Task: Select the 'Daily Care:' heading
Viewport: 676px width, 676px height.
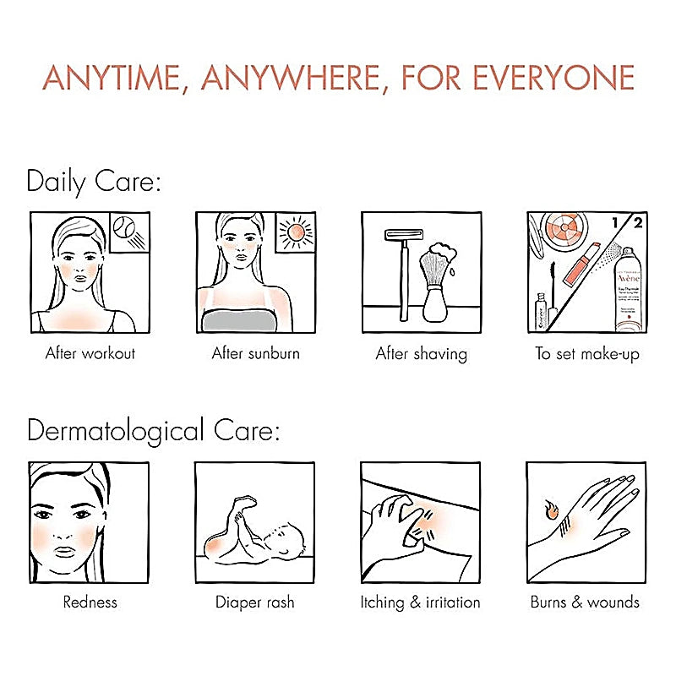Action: pos(94,182)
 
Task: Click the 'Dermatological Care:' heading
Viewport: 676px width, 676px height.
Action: pos(153,431)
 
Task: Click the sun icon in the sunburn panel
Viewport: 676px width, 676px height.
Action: pos(297,230)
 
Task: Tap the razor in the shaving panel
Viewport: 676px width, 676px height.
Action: pos(401,262)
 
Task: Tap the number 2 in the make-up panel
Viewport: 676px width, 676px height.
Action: pos(636,223)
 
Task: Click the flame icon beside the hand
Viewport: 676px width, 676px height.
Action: pos(550,510)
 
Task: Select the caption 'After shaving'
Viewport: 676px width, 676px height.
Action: pos(421,353)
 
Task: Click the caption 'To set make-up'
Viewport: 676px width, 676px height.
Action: pos(587,353)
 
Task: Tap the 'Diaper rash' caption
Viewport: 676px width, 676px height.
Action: pos(255,602)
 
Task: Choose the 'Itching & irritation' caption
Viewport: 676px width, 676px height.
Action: pos(420,602)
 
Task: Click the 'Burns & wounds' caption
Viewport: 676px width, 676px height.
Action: pos(585,602)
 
